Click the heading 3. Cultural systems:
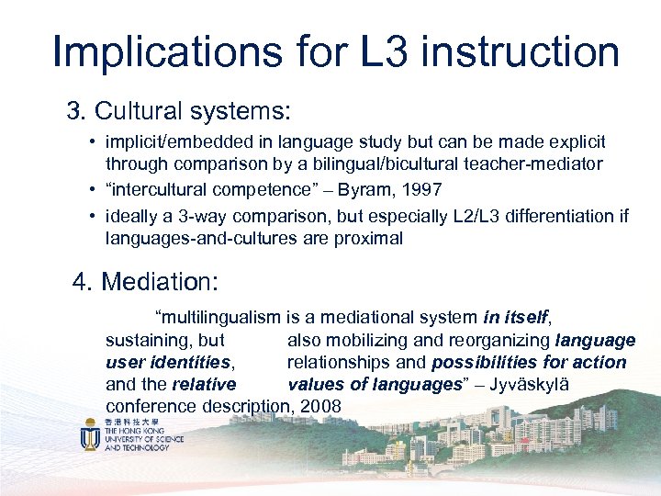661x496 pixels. [x=178, y=112]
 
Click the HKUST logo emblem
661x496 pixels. [x=90, y=434]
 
